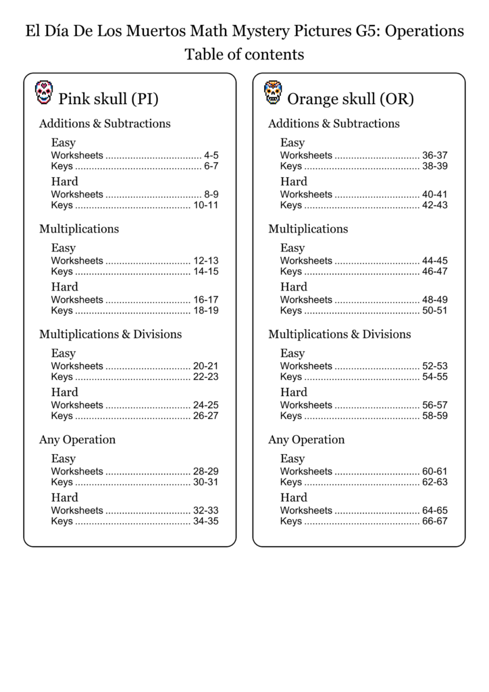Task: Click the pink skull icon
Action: click(x=44, y=93)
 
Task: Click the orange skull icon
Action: click(x=273, y=93)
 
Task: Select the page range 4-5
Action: click(x=211, y=155)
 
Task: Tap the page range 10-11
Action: click(x=205, y=205)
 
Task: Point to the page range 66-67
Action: click(x=434, y=521)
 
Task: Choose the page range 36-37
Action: click(x=434, y=155)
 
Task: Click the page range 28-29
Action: click(x=205, y=471)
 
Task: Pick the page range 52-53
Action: click(x=434, y=366)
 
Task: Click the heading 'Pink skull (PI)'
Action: click(x=109, y=99)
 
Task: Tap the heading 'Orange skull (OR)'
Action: click(x=351, y=99)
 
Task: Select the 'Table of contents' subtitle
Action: click(x=244, y=55)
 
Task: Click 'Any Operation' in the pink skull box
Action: click(x=77, y=440)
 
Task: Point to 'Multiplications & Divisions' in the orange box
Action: click(x=339, y=335)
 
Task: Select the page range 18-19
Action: click(x=205, y=310)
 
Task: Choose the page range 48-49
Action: click(x=434, y=299)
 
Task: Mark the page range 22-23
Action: click(x=205, y=376)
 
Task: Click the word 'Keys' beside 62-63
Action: click(x=291, y=482)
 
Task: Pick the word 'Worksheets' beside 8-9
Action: click(x=77, y=194)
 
